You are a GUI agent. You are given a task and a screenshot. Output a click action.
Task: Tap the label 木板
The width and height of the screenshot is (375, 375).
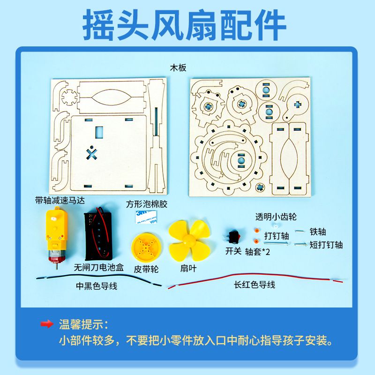point(178,67)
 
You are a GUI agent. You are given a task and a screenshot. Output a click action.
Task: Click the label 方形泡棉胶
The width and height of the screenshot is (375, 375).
point(146,204)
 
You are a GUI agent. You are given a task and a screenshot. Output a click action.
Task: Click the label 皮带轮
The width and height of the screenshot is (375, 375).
point(146,270)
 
